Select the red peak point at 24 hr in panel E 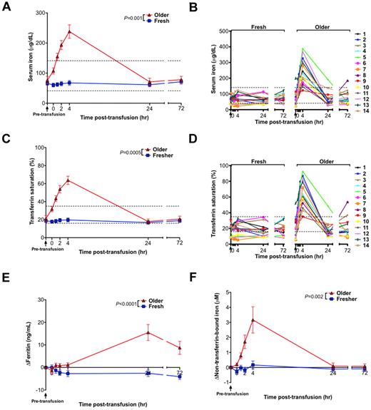[x=148, y=332]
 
